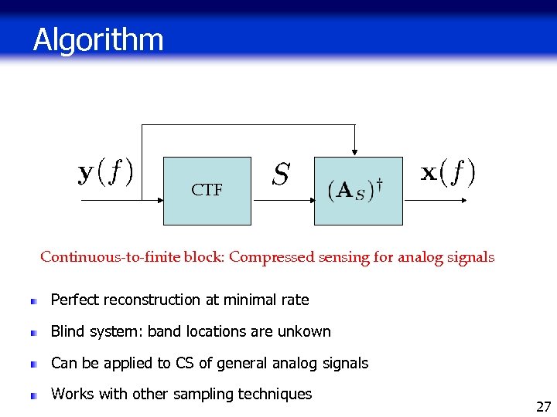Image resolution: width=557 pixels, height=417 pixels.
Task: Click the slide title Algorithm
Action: coord(98,39)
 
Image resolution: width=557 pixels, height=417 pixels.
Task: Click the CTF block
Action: coord(207,191)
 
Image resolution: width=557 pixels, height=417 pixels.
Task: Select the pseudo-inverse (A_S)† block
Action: coord(357,191)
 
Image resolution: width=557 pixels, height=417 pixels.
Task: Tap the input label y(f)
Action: coord(106,171)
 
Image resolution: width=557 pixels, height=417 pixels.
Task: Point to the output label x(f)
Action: coord(447,171)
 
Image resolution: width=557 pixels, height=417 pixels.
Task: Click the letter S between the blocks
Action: coord(282,175)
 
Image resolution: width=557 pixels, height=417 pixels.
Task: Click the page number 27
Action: coord(543,406)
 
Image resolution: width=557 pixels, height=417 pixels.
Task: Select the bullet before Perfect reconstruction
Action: coord(34,301)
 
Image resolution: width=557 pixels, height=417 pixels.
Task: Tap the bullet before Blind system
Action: coord(34,333)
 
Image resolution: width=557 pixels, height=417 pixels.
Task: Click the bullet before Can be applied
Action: coord(34,364)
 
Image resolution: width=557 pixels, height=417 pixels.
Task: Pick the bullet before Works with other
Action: coord(34,395)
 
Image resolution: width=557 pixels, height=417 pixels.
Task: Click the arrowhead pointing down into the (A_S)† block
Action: coord(354,152)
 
